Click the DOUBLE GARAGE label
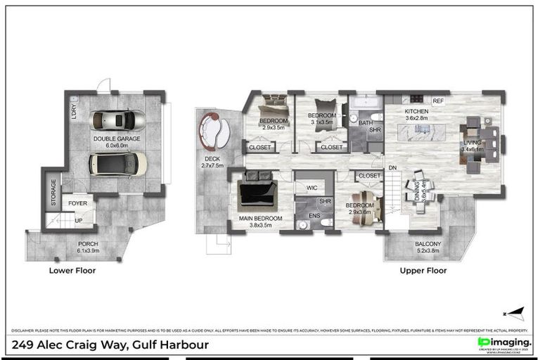[117, 139]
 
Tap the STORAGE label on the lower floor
[53, 193]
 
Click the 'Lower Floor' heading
[72, 270]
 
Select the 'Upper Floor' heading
[423, 270]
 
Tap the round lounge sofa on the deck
[214, 131]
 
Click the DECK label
[212, 159]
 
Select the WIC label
[311, 188]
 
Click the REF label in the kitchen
[438, 101]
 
